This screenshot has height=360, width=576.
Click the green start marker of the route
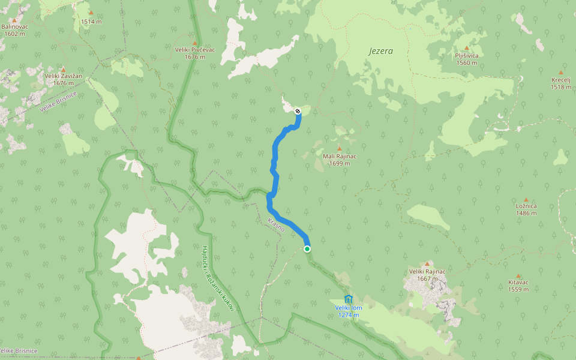[x=307, y=248]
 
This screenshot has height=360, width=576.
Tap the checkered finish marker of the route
[x=298, y=110]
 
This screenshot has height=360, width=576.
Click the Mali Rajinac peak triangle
[x=339, y=149]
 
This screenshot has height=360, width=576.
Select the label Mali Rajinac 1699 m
[x=340, y=160]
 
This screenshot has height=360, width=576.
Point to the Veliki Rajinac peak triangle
[x=427, y=264]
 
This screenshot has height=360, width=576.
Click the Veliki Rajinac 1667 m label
[x=427, y=275]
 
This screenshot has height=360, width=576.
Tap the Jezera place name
[x=380, y=51]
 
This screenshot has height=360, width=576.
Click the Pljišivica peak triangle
[x=466, y=48]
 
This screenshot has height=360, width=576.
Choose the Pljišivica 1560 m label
[x=466, y=59]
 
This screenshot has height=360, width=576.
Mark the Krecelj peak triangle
[x=561, y=72]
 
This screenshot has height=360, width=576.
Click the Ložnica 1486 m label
[x=526, y=209]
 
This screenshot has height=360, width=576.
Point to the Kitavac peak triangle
[x=518, y=276]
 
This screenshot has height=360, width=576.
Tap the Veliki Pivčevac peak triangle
[x=195, y=43]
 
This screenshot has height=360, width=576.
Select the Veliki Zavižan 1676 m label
[x=63, y=80]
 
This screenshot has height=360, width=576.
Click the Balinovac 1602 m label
[x=14, y=30]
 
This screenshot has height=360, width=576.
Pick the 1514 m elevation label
[x=91, y=22]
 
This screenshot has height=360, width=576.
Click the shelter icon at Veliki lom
[x=349, y=299]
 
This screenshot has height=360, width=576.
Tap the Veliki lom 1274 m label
[x=349, y=311]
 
